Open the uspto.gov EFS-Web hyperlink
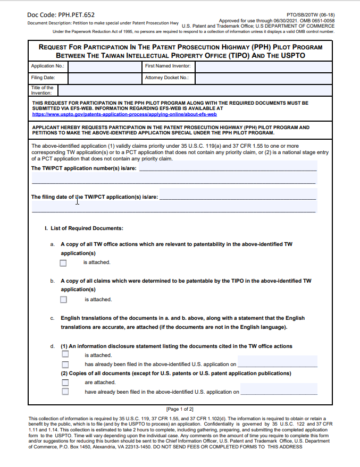point(124,114)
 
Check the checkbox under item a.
point(64,262)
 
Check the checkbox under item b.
point(64,300)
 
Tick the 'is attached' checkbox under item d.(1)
point(65,354)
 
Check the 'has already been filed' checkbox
point(65,364)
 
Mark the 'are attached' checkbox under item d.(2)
point(65,382)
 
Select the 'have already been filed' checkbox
point(65,392)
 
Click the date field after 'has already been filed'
point(277,363)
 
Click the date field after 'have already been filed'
point(279,391)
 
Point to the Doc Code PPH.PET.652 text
point(61,15)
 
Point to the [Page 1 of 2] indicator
point(180,409)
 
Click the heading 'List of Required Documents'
point(87,228)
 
